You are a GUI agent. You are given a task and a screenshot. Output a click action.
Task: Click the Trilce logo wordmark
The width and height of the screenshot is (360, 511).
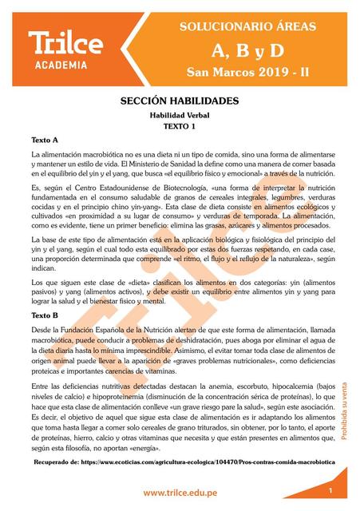coord(65,42)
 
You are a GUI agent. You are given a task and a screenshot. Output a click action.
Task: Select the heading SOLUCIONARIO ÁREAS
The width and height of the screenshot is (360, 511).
coord(248,26)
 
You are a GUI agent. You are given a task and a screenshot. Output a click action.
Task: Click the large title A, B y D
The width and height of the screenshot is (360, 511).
coord(248,51)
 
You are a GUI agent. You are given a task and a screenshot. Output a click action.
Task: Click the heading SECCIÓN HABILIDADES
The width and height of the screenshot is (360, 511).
coord(179,102)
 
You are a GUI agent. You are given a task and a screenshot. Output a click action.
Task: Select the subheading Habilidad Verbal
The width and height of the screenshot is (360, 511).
coord(179,115)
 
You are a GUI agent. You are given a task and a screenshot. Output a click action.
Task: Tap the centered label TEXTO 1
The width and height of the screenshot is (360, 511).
coord(179,126)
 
